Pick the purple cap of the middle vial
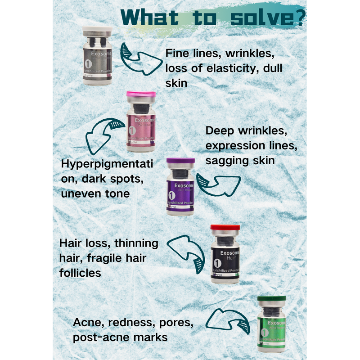coord(180,161)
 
